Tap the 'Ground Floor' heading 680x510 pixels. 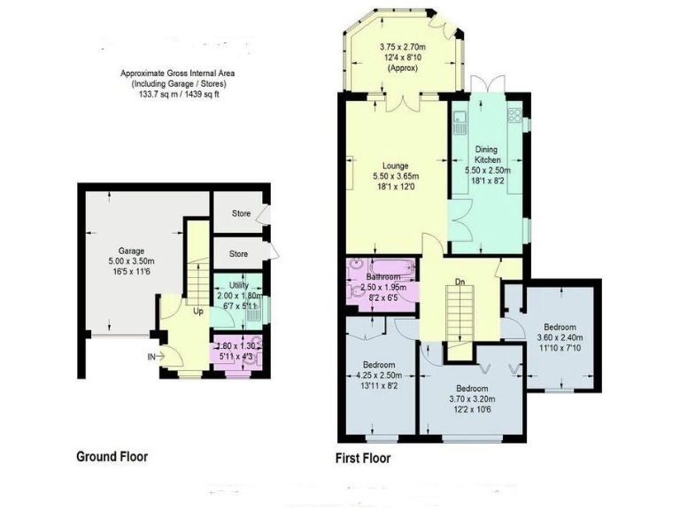point(111,457)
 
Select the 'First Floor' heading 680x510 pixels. point(362,459)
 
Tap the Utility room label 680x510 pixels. point(240,285)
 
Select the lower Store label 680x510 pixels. point(239,254)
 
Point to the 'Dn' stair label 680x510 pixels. point(460,282)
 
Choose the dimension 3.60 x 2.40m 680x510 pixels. point(560,336)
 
